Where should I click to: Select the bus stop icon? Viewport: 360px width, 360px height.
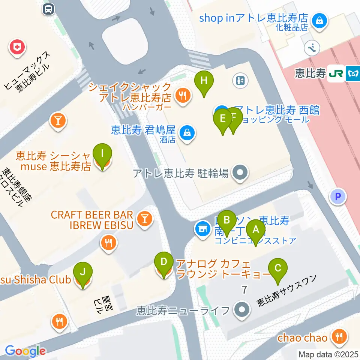click(48, 9)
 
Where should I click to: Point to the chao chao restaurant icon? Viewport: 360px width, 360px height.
click(339, 336)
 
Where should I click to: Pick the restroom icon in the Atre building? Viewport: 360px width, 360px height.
click(240, 80)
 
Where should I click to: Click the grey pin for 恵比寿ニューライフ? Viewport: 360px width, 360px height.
click(241, 310)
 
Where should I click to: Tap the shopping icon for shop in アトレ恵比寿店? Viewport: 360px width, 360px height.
click(320, 19)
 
